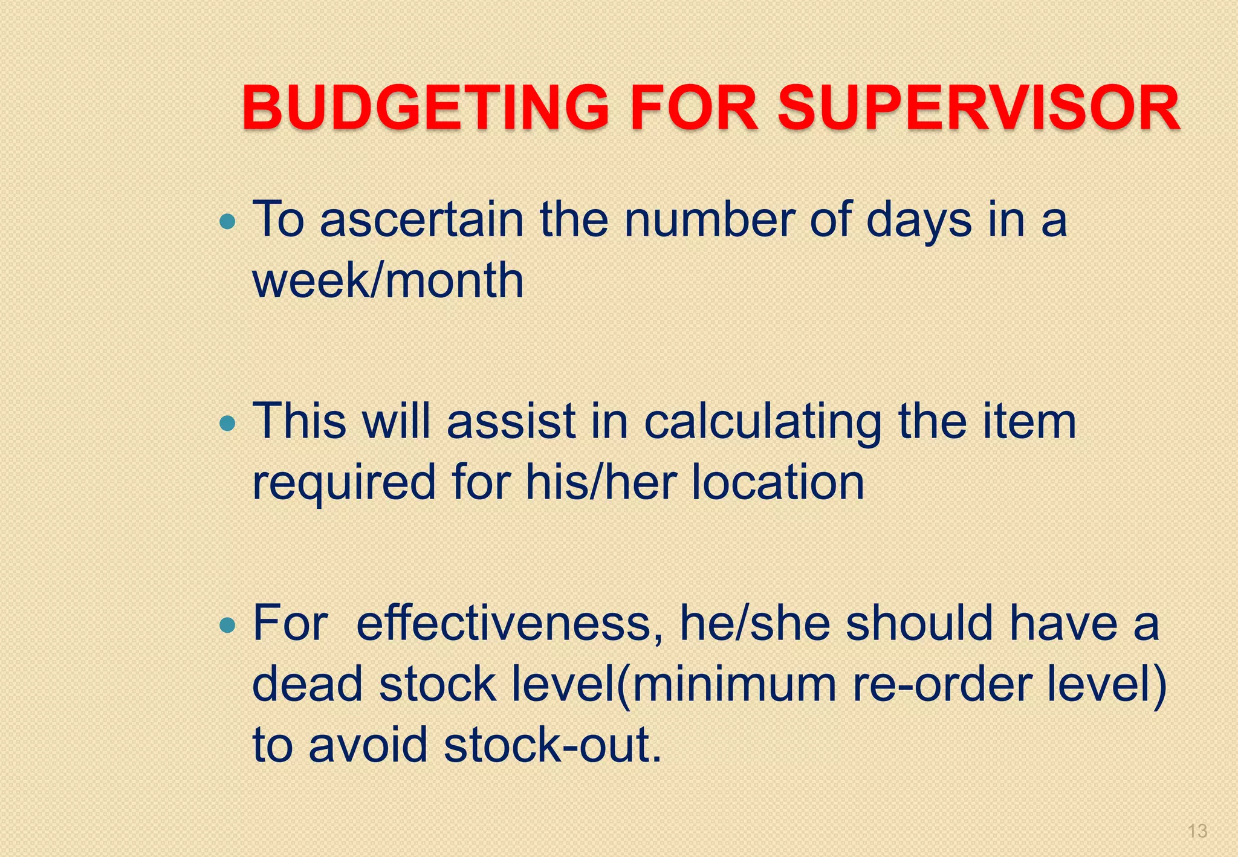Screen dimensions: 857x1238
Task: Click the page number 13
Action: (x=1197, y=831)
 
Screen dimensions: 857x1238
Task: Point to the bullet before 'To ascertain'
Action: (x=228, y=222)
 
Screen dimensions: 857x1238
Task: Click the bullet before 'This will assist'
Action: (x=228, y=424)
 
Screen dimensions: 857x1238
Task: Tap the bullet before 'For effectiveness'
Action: (x=228, y=625)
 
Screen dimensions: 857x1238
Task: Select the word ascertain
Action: (x=421, y=220)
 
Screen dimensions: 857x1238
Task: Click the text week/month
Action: (x=387, y=281)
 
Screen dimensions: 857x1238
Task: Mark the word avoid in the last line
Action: (x=368, y=745)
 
